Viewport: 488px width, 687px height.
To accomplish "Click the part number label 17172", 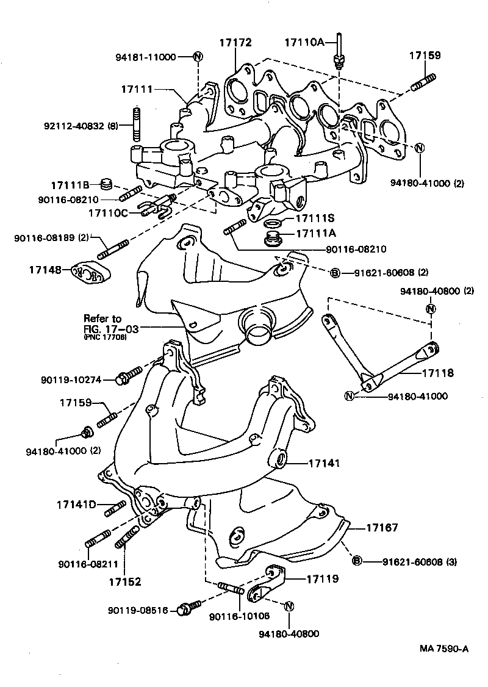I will pos(235,42).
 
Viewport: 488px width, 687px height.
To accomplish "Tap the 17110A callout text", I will pos(305,42).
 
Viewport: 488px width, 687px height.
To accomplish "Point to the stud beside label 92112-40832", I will pos(137,124).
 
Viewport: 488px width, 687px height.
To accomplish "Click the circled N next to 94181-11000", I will pos(198,57).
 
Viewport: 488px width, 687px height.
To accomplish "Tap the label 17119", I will pos(322,578).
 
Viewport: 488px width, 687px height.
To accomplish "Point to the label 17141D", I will pos(77,505).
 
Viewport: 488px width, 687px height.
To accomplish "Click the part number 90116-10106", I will pos(239,616).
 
